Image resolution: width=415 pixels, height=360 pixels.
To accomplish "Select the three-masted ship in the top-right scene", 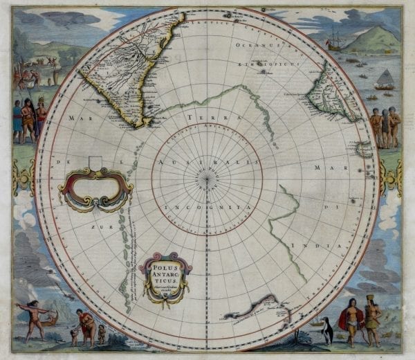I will pyautogui.click(x=335, y=38).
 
